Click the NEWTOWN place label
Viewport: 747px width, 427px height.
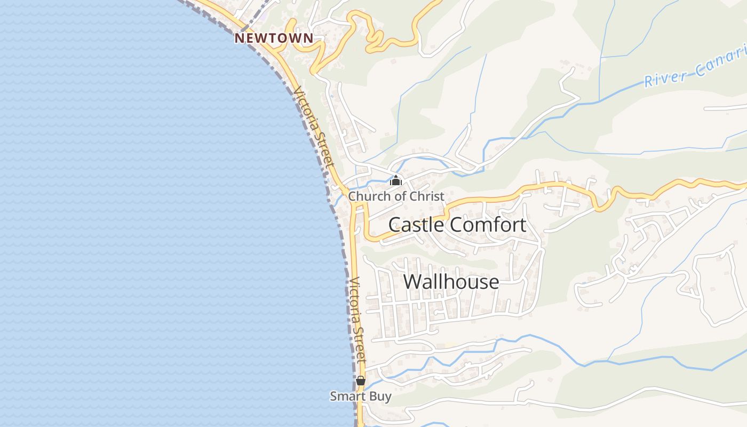pyautogui.click(x=274, y=38)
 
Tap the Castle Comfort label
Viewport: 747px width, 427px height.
pyautogui.click(x=457, y=225)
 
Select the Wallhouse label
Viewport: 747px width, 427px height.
pyautogui.click(x=451, y=281)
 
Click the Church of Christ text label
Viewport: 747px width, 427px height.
pyautogui.click(x=396, y=196)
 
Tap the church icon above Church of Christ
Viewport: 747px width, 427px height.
pyautogui.click(x=396, y=180)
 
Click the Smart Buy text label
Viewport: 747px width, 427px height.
pyautogui.click(x=361, y=397)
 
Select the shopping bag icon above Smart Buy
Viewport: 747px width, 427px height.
pyautogui.click(x=361, y=381)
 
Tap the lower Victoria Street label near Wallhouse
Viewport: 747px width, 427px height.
pyautogui.click(x=357, y=320)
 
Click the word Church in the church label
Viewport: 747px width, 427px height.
pyautogui.click(x=369, y=196)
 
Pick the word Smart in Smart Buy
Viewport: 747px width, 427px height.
pyautogui.click(x=348, y=397)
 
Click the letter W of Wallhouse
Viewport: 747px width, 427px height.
pyautogui.click(x=412, y=281)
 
